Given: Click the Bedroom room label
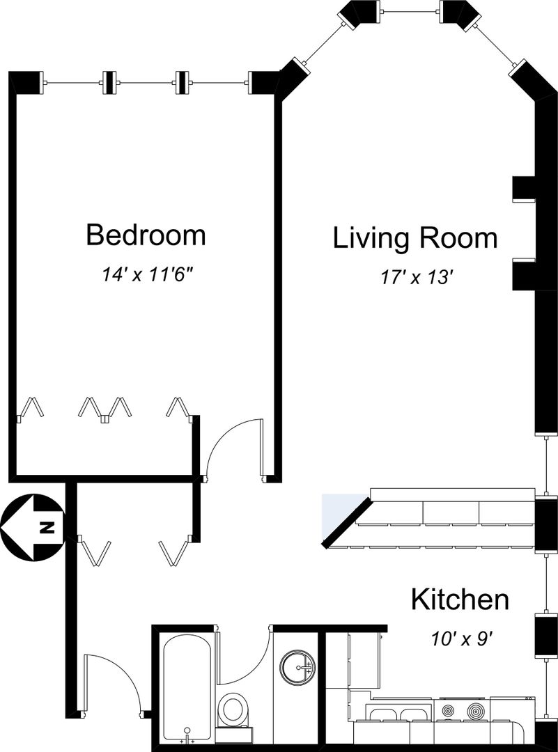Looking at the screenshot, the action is point(146,235).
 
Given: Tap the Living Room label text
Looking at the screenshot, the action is point(415,238).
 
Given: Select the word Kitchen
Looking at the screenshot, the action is point(460,599).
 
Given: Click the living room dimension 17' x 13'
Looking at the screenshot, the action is point(417,277).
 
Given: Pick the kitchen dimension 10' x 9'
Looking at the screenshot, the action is point(462,639).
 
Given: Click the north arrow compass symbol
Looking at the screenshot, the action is point(31,528).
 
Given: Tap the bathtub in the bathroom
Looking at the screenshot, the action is point(187,687).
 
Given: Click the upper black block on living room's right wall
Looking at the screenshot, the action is point(524,189).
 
